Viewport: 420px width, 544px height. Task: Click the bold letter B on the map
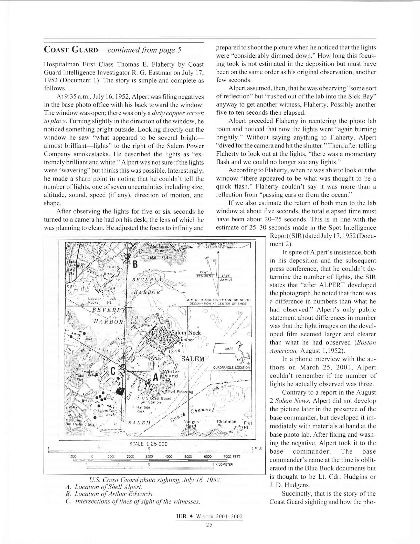point(135,265)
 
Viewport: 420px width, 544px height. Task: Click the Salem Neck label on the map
point(186,333)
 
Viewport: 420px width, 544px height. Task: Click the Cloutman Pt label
point(226,423)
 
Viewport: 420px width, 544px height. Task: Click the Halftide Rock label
point(141,409)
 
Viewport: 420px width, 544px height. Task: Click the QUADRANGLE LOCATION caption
point(231,367)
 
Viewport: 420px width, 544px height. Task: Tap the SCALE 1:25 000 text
point(148,444)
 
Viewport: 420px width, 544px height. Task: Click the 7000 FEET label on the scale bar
point(232,456)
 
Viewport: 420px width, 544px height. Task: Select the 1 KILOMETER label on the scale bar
point(222,464)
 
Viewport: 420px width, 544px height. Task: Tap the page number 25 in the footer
point(209,525)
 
